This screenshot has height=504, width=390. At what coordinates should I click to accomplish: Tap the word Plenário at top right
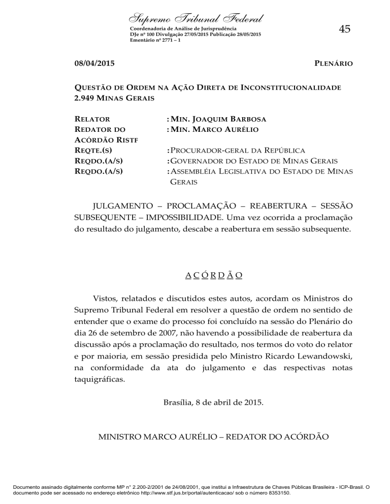tap(332, 64)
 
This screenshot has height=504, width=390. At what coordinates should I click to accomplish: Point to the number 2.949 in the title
tap(85, 97)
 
